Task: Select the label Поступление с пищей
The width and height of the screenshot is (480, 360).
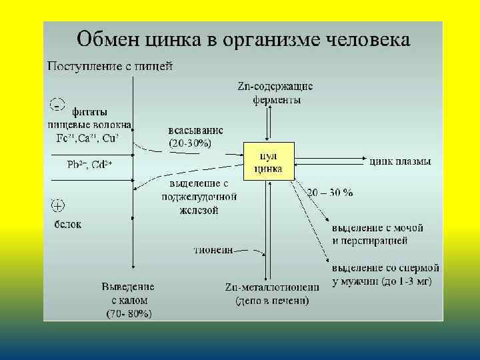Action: point(111,66)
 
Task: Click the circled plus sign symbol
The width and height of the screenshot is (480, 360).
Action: point(58,205)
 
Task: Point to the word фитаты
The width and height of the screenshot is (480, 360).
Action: point(89,112)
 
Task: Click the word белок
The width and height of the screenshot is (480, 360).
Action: point(68,224)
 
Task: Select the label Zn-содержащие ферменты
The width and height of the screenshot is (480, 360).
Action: point(275,93)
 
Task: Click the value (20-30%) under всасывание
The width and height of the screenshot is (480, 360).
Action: point(191,143)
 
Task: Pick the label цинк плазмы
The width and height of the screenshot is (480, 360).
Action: point(400,161)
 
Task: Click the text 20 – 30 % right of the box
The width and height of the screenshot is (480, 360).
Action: point(330,193)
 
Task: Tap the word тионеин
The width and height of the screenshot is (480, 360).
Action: point(213,251)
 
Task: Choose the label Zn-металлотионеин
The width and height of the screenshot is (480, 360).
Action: point(272,287)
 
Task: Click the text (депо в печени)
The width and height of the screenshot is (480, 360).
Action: point(272,301)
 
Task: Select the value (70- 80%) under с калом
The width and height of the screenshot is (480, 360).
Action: point(129,313)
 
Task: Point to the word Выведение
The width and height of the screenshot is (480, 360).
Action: point(128,287)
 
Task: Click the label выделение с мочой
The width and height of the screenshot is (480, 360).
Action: point(378,228)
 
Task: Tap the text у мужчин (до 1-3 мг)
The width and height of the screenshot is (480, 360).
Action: point(382,281)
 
